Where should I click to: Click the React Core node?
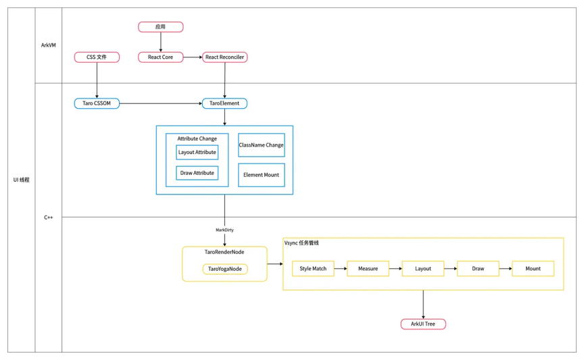pyautogui.click(x=160, y=57)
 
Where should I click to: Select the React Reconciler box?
pyautogui.click(x=224, y=57)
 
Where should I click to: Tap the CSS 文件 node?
pyautogui.click(x=97, y=57)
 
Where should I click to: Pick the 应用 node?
pyautogui.click(x=160, y=27)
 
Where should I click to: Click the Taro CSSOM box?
pyautogui.click(x=97, y=103)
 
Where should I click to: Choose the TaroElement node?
pyautogui.click(x=224, y=103)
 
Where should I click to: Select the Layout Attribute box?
pyautogui.click(x=197, y=152)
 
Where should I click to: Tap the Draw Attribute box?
pyautogui.click(x=197, y=173)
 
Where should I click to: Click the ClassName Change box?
pyautogui.click(x=261, y=145)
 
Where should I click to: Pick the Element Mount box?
pyautogui.click(x=261, y=175)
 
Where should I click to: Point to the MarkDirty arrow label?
pyautogui.click(x=224, y=230)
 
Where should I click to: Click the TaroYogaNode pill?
pyautogui.click(x=225, y=269)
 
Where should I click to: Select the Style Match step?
pyautogui.click(x=313, y=268)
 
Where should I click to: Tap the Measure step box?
pyautogui.click(x=368, y=268)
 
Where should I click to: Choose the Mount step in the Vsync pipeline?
pyautogui.click(x=533, y=268)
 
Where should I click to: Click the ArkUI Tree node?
pyautogui.click(x=423, y=324)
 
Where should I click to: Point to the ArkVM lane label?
pyautogui.click(x=49, y=45)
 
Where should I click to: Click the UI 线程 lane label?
pyautogui.click(x=21, y=180)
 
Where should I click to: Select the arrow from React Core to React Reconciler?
pyautogui.click(x=193, y=57)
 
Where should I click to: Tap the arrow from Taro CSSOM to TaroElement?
pyautogui.click(x=161, y=103)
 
